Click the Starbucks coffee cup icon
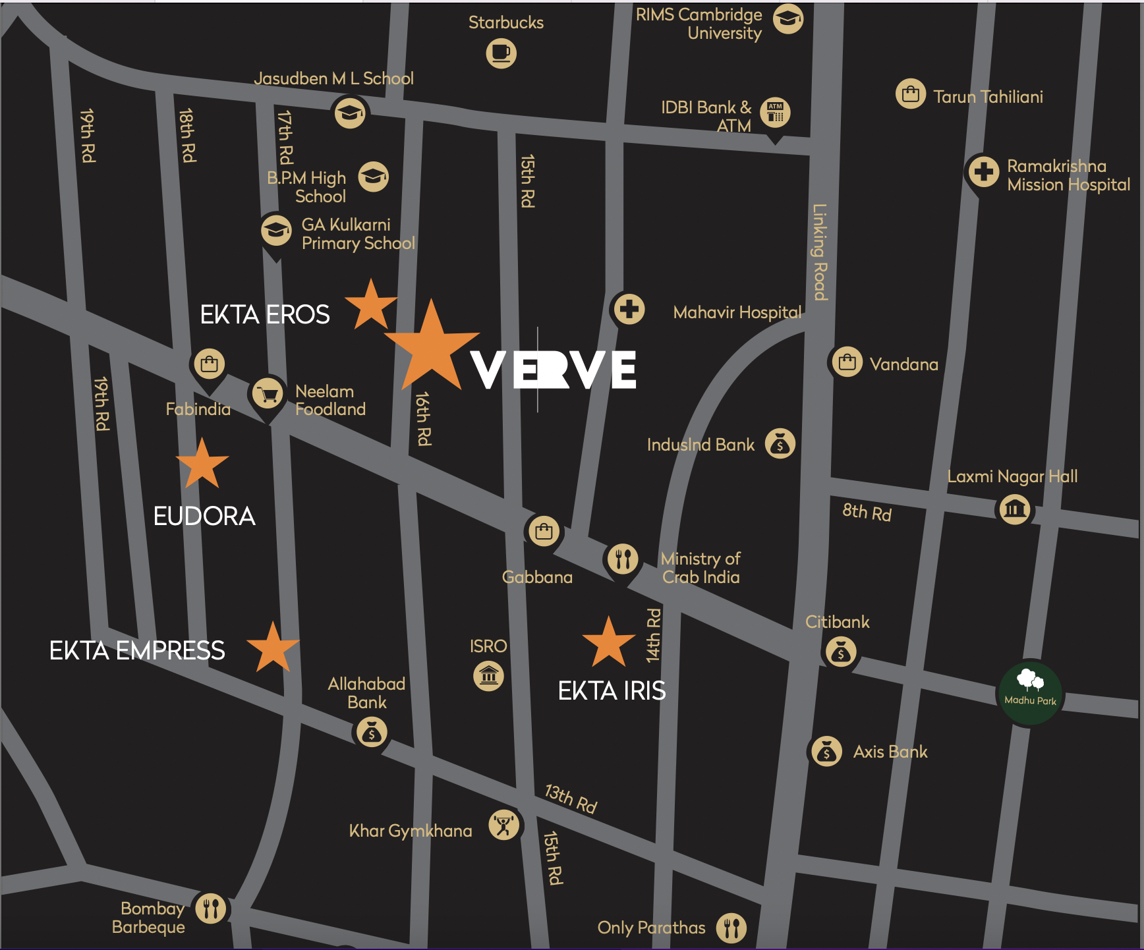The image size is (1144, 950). [x=501, y=53]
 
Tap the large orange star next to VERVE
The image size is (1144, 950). [x=431, y=349]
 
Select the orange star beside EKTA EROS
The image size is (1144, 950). [x=371, y=306]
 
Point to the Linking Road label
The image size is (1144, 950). [x=819, y=252]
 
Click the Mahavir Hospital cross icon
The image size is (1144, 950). [x=629, y=308]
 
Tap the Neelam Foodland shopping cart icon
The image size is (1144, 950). [x=268, y=393]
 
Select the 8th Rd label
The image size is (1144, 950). [x=867, y=512]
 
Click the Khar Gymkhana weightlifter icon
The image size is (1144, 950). [x=504, y=825]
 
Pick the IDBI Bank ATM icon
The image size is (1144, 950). [x=775, y=112]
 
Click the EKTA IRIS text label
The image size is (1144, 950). [x=612, y=691]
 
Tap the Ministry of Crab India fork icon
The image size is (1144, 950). [x=622, y=559]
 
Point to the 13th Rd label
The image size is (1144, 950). [x=571, y=798]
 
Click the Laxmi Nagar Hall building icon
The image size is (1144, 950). [x=1015, y=509]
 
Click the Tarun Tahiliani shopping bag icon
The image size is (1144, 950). [x=911, y=94]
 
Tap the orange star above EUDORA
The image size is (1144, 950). [x=202, y=464]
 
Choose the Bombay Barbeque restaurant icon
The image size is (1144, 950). [x=210, y=908]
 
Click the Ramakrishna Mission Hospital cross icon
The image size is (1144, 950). [x=983, y=172]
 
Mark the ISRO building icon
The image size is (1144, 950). [x=488, y=675]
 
